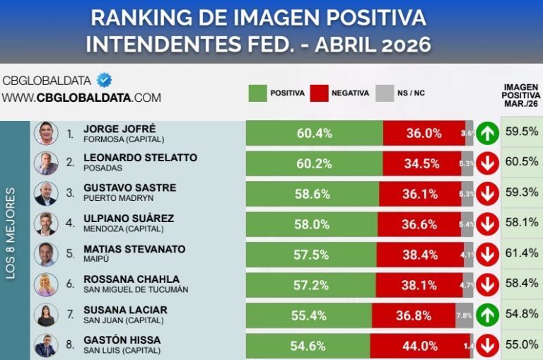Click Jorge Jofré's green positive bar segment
click(314, 133)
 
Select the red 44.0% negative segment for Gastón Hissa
click(420, 347)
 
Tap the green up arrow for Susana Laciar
click(487, 315)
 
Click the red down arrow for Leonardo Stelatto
click(487, 163)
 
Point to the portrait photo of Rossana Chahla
click(46, 284)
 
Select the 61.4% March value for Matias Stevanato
click(522, 252)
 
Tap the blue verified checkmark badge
click(104, 80)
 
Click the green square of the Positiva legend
click(258, 93)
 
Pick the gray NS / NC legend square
click(384, 93)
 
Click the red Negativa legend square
click(320, 93)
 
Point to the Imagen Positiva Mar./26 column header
click(522, 95)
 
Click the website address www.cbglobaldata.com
click(81, 98)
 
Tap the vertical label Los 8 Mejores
click(11, 233)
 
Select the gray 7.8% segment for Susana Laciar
click(464, 315)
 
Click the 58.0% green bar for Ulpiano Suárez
click(311, 224)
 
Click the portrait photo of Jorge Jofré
click(46, 133)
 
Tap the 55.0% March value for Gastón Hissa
click(522, 344)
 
